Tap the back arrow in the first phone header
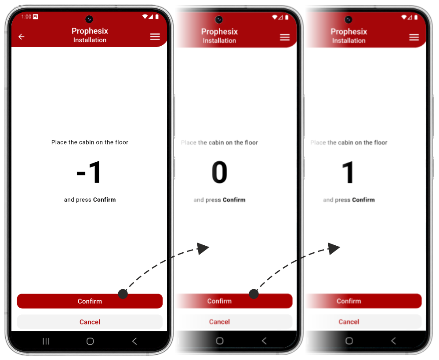tap(21, 36)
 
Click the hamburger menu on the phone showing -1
tap(155, 36)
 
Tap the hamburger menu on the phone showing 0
tap(285, 37)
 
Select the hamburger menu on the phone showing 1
tap(414, 37)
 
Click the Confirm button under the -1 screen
tap(90, 301)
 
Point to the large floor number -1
tap(89, 172)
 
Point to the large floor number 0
tap(219, 172)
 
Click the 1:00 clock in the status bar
tap(26, 17)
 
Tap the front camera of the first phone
tap(89, 19)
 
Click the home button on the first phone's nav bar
tap(90, 341)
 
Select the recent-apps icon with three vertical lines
tap(46, 341)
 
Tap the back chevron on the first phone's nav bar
tap(134, 341)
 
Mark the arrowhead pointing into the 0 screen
tap(203, 248)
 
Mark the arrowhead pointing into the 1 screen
tap(334, 248)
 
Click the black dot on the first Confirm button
tap(123, 294)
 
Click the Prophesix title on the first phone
tap(90, 31)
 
